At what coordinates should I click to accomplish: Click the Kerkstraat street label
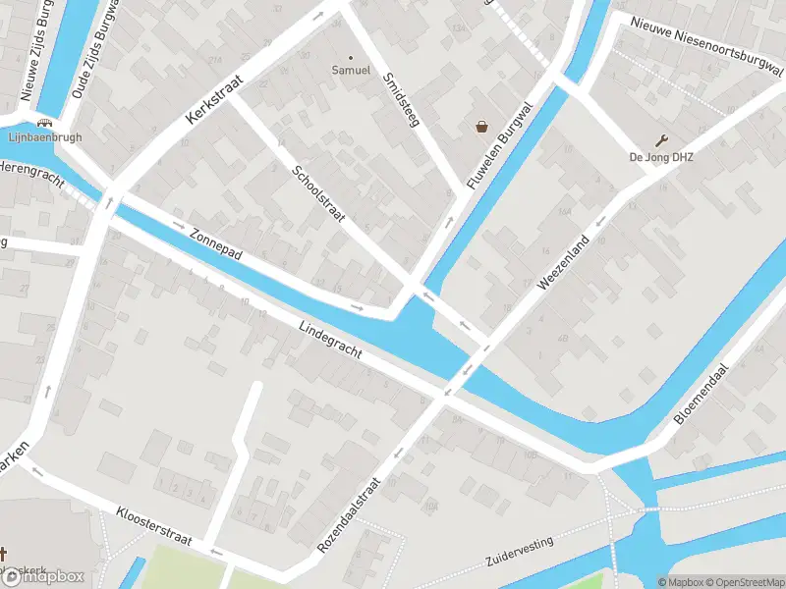click(213, 101)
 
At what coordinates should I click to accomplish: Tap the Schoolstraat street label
click(319, 193)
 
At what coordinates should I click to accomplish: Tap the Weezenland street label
click(563, 261)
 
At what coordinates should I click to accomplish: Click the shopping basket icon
click(482, 126)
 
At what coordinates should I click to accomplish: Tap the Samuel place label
click(351, 70)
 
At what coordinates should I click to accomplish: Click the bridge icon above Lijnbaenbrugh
click(42, 123)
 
